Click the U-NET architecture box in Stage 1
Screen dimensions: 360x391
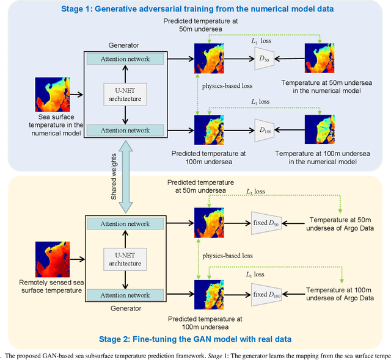pos(125,95)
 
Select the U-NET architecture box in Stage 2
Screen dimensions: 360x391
pos(125,259)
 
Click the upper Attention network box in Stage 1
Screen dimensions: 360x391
pos(125,59)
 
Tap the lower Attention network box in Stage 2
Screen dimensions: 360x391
pos(125,295)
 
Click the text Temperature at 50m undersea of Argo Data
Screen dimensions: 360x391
pos(341,223)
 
